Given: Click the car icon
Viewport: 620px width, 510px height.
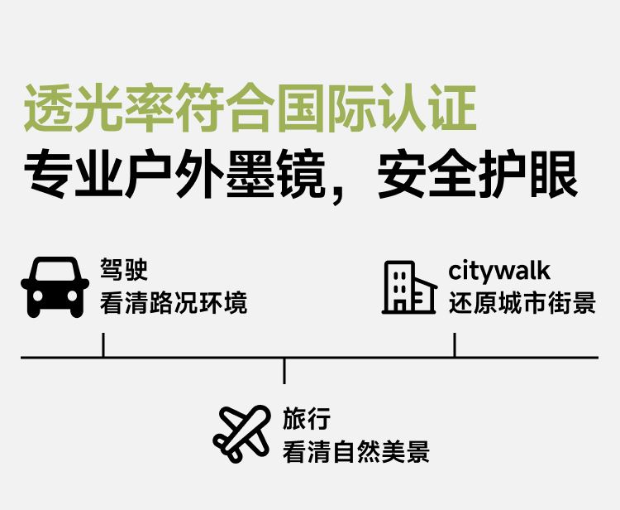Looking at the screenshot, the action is pos(55,286).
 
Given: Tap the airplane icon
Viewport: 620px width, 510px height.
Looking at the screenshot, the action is pos(241,434).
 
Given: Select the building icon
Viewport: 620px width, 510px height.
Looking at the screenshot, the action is pos(409,287).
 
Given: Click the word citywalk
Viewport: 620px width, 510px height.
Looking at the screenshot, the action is pos(499,271).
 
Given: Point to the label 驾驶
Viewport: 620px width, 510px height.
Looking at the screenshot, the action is pos(124,271).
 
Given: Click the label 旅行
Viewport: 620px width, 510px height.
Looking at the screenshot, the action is pos(307,419).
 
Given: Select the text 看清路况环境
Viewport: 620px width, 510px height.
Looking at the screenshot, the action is pos(174,303).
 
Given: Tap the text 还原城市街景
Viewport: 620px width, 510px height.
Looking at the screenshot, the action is pos(522,303).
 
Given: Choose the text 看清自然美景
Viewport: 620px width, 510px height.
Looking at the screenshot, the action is pos(356,452).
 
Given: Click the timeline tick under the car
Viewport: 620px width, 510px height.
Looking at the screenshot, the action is pos(103,345).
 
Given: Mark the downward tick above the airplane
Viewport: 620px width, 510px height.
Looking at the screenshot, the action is pos(284,371).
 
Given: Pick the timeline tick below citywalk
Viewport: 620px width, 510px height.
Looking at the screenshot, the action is pos(455,345).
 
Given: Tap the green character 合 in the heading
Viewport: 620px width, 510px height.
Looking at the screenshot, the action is pos(250,108).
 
